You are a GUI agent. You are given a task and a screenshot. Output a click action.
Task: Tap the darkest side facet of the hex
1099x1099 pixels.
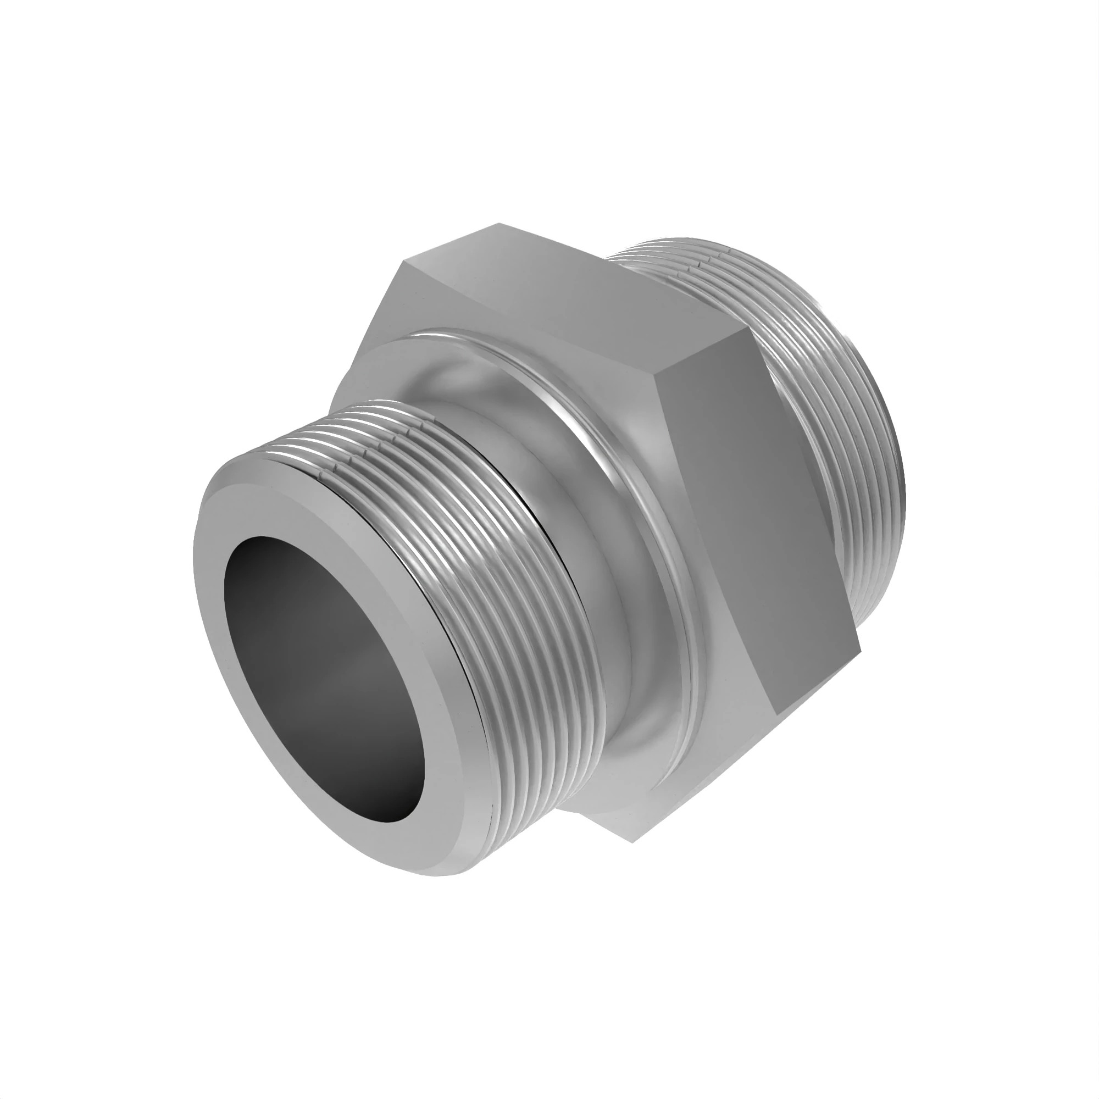click(757, 512)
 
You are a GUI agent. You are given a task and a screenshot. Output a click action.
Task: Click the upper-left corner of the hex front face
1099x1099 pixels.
click(404, 261)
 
